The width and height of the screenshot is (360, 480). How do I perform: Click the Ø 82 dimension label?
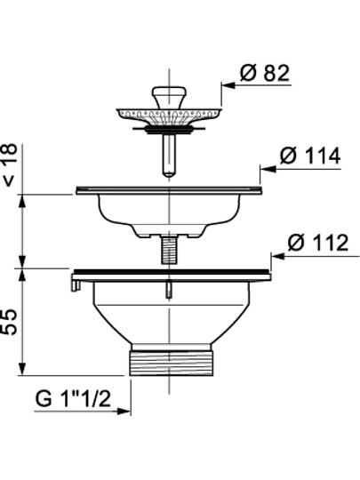point(265,73)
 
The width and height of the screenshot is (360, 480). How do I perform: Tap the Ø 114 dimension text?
point(310,156)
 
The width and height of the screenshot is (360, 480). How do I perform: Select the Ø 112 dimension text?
point(318,243)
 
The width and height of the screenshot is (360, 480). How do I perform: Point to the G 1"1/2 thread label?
point(73,398)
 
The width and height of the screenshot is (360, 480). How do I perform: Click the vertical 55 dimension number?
point(10,322)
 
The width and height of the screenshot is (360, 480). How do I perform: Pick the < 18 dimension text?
point(10,165)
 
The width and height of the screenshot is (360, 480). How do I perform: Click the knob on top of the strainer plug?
point(169,98)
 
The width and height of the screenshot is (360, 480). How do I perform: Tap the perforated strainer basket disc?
point(169,116)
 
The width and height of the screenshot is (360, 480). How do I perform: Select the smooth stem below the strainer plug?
point(169,156)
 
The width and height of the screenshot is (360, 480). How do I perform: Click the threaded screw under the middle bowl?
point(169,250)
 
